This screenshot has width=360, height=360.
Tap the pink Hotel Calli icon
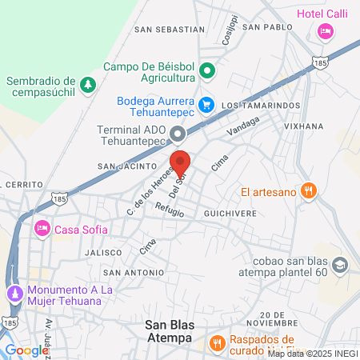[325, 31]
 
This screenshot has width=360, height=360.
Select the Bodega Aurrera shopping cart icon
[206, 104]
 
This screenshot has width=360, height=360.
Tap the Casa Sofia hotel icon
[42, 229]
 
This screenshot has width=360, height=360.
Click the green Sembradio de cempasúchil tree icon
[87, 83]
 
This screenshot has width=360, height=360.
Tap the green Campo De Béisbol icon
[207, 70]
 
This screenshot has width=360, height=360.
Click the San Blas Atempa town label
[168, 331]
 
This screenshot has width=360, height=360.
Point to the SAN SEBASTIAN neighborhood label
[170, 30]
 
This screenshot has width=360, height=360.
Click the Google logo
[26, 350]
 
